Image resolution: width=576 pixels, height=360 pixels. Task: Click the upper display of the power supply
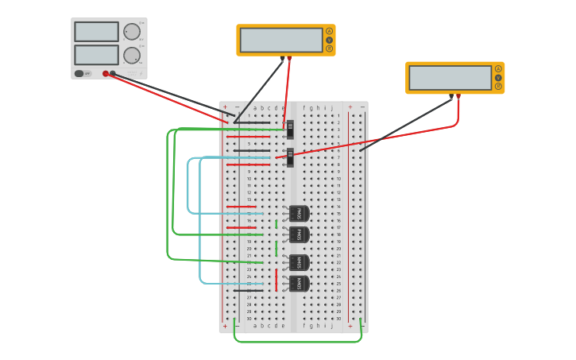click(96, 32)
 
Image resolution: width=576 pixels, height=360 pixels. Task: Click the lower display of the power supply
click(96, 55)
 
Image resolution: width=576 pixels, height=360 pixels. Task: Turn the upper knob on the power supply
click(131, 32)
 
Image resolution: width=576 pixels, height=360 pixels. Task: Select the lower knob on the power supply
click(131, 56)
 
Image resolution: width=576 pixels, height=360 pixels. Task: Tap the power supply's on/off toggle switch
click(79, 73)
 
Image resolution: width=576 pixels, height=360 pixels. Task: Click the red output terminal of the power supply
click(106, 74)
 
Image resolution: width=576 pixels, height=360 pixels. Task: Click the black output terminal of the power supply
click(113, 74)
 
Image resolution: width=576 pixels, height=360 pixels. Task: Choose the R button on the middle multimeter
click(329, 48)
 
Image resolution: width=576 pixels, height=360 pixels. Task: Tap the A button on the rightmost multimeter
click(498, 69)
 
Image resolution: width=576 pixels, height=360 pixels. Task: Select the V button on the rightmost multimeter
click(498, 78)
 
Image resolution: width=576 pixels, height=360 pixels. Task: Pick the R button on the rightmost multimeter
click(498, 86)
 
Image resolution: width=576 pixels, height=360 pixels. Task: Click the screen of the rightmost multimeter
click(450, 78)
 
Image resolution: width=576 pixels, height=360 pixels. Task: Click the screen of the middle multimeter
click(280, 40)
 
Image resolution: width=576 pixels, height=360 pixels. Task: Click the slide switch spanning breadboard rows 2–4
click(290, 129)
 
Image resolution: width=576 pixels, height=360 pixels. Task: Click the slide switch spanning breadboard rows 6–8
click(290, 157)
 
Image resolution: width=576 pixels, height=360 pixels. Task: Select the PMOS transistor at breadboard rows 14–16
click(299, 214)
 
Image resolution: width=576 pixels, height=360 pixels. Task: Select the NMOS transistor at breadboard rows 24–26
click(299, 284)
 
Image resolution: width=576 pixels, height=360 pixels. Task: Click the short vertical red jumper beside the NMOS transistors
click(276, 280)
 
